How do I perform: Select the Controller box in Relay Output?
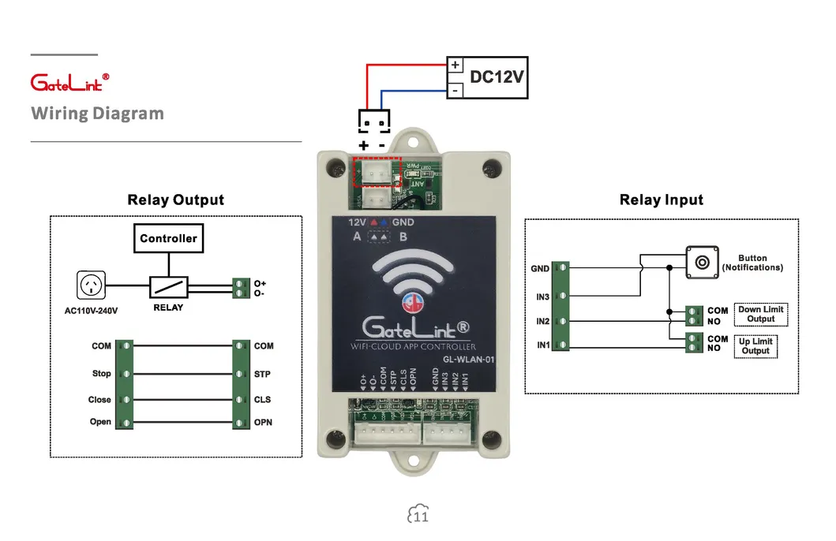[x=168, y=238]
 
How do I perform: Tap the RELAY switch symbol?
[x=171, y=286]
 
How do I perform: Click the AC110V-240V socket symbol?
[x=91, y=285]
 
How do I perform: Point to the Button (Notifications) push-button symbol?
[x=701, y=261]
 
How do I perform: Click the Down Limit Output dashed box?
[x=761, y=315]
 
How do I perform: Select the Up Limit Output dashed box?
[x=755, y=346]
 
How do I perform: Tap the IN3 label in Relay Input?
[x=542, y=297]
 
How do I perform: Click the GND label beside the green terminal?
[x=540, y=269]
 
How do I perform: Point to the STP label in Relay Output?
[x=263, y=374]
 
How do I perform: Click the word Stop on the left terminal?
[x=101, y=374]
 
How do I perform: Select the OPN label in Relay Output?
[x=263, y=423]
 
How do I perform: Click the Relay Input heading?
[x=661, y=200]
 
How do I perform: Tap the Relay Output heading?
[x=175, y=200]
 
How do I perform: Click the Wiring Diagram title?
[x=97, y=114]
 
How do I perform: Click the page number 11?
[x=421, y=517]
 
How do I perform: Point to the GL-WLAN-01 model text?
[x=467, y=360]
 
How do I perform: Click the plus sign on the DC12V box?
[x=455, y=65]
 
